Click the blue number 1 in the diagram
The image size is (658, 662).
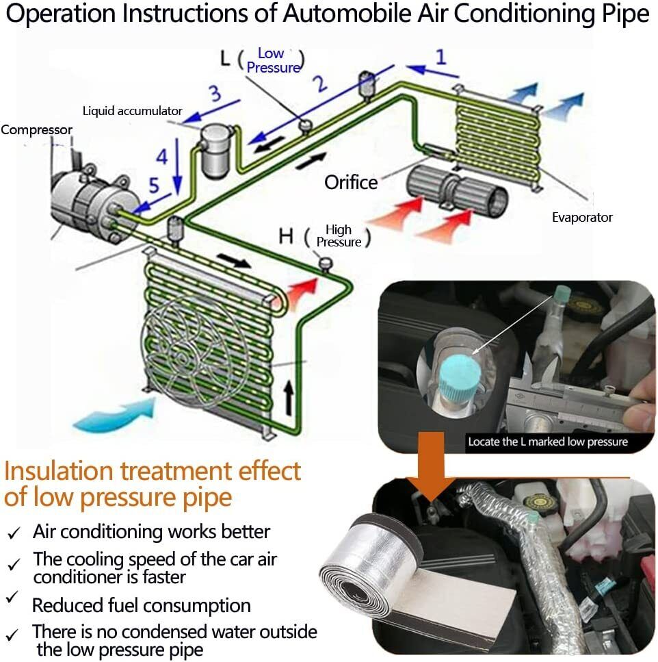[x=441, y=56]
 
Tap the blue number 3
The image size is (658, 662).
[x=215, y=92]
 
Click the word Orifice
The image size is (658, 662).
[x=351, y=182]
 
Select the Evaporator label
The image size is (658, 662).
[x=582, y=218]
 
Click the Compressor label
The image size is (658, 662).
[x=36, y=129]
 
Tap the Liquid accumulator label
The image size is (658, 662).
[x=133, y=110]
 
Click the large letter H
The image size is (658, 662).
[x=286, y=237]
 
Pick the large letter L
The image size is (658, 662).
[x=225, y=59]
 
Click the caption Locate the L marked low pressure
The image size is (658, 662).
[x=548, y=442]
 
